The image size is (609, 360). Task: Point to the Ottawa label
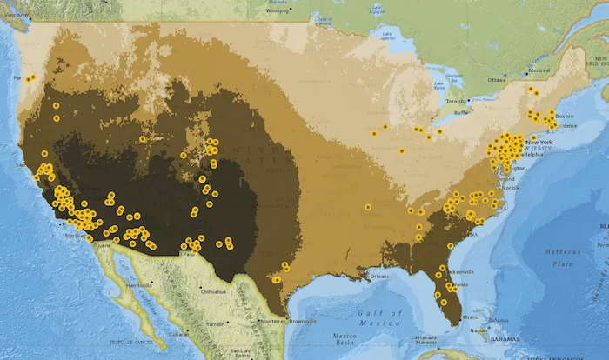click(x=498, y=79)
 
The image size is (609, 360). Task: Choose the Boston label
click(x=565, y=116)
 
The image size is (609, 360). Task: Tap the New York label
click(x=539, y=142)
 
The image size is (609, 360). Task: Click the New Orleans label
click(x=378, y=277)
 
